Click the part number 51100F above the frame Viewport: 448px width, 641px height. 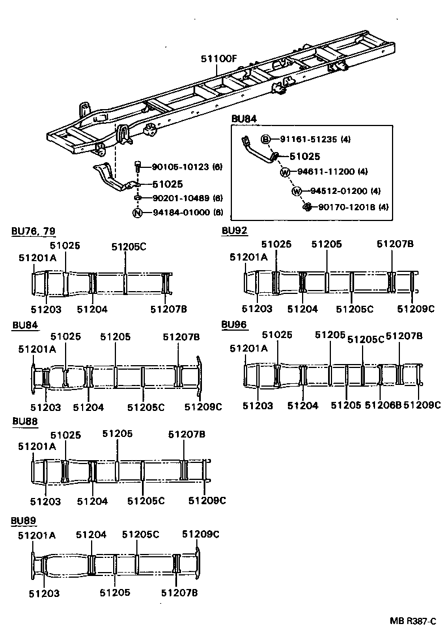tap(218, 59)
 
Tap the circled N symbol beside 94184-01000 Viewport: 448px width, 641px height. tap(136, 213)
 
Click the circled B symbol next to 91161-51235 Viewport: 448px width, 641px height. tap(265, 139)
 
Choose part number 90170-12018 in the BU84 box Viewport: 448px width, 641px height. tap(345, 207)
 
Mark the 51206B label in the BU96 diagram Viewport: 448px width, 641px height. tap(383, 405)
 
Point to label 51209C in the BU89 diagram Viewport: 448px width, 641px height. tap(201, 534)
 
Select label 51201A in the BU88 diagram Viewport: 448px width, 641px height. tap(37, 446)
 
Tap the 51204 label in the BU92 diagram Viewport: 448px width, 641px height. tap(303, 309)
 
